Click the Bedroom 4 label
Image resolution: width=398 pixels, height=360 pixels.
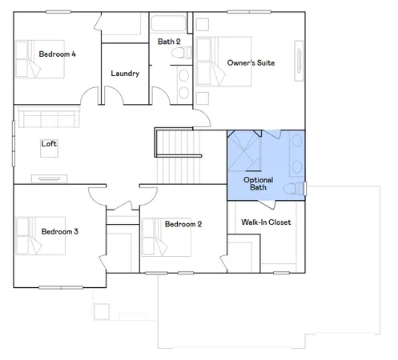click(57, 54)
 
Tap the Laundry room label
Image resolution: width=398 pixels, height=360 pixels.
click(126, 74)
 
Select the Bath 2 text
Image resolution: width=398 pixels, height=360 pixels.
click(169, 42)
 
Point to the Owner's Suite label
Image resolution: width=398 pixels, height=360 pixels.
click(251, 62)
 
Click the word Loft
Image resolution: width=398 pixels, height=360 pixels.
click(49, 144)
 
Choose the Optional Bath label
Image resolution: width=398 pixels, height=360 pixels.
click(258, 185)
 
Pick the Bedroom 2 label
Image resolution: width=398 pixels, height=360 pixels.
click(183, 224)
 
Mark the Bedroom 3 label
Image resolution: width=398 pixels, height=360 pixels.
click(59, 231)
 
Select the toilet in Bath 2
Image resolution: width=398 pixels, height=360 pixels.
click(184, 54)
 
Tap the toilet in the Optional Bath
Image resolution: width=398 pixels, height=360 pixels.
click(297, 189)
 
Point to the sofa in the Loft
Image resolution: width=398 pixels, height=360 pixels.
click(47, 120)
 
